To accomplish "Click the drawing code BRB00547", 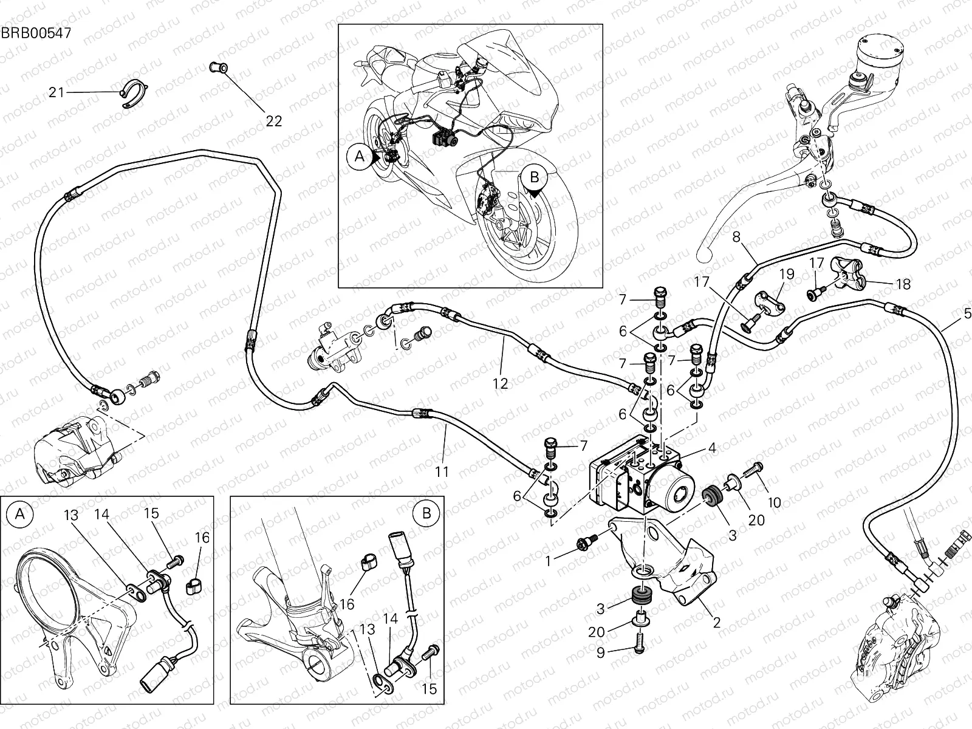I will (36, 33).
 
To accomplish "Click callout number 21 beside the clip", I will (56, 93).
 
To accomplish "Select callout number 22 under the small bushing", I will (274, 121).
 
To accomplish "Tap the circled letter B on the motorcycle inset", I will (534, 177).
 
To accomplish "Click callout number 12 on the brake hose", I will (500, 384).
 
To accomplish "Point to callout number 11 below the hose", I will (442, 471).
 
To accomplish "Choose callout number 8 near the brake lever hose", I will (736, 237).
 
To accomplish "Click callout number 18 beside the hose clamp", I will (903, 284).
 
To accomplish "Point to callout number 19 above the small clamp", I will (787, 274).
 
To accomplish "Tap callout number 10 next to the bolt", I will (775, 503).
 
